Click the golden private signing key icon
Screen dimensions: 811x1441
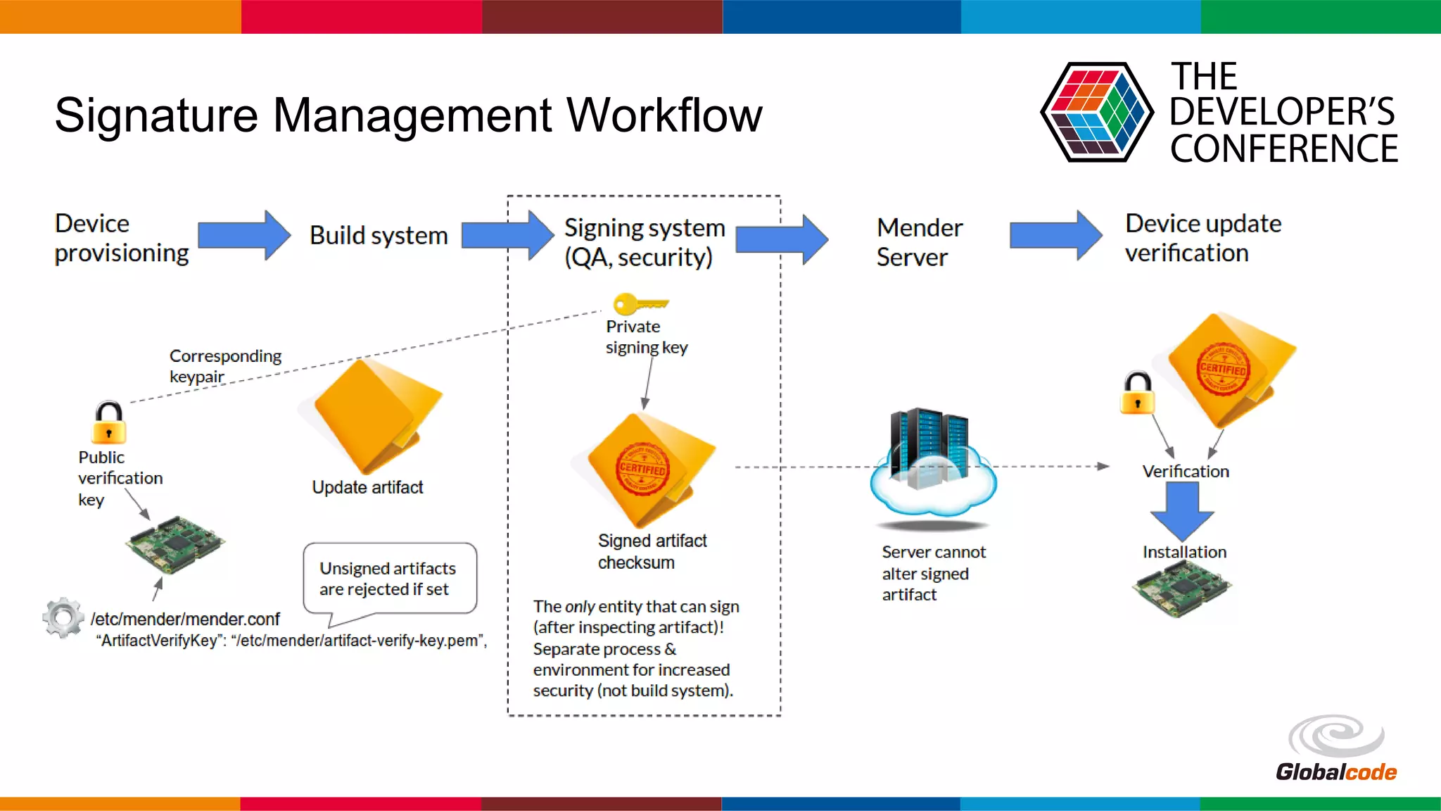pyautogui.click(x=639, y=304)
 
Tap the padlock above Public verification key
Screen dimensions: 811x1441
pyautogui.click(x=109, y=422)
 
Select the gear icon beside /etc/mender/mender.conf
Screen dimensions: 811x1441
pyautogui.click(x=63, y=617)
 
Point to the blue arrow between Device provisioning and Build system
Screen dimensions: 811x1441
pyautogui.click(x=243, y=235)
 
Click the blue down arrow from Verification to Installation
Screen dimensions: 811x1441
pyautogui.click(x=1183, y=511)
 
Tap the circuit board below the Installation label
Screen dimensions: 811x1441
pyautogui.click(x=1182, y=589)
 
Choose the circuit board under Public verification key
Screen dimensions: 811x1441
pyautogui.click(x=176, y=543)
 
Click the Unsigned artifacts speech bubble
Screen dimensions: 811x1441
pyautogui.click(x=390, y=579)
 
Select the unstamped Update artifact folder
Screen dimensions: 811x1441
pyautogui.click(x=373, y=415)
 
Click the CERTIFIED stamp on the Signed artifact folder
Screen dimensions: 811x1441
pyautogui.click(x=642, y=469)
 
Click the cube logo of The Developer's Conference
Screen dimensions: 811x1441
pyautogui.click(x=1096, y=113)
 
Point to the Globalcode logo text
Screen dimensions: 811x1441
pyautogui.click(x=1335, y=772)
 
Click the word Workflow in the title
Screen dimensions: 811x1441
pyautogui.click(x=664, y=115)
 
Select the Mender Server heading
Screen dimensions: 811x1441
pyautogui.click(x=919, y=242)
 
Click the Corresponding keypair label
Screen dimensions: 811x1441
pyautogui.click(x=224, y=366)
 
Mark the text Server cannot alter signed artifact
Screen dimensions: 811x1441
pyautogui.click(x=933, y=573)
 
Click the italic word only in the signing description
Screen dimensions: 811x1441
pyautogui.click(x=580, y=607)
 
